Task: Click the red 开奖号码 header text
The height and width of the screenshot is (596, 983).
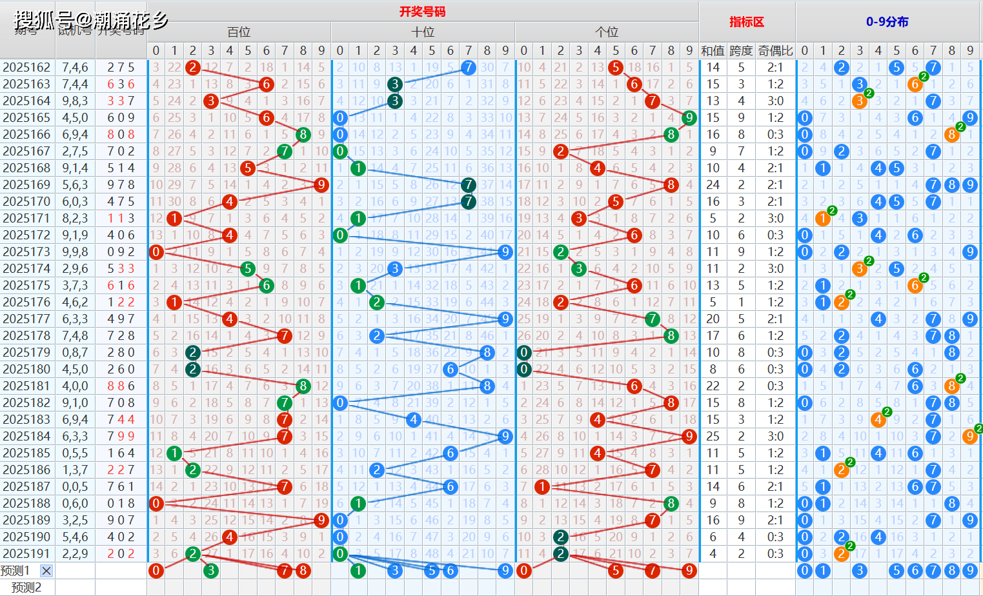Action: click(422, 12)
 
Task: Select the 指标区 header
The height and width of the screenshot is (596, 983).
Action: click(747, 22)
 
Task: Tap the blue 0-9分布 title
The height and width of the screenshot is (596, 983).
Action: click(887, 22)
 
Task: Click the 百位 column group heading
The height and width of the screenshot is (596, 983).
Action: click(239, 32)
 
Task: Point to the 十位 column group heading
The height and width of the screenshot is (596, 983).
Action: click(423, 32)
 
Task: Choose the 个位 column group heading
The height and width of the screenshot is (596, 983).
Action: click(607, 32)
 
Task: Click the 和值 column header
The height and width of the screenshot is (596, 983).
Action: click(713, 50)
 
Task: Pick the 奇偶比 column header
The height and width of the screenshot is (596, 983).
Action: click(775, 50)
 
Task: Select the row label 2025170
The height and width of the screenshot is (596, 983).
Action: click(26, 201)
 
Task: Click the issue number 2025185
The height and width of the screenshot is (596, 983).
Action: click(26, 453)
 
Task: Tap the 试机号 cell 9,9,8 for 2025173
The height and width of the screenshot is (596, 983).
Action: click(75, 252)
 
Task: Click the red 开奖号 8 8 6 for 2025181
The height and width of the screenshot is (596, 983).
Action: click(121, 386)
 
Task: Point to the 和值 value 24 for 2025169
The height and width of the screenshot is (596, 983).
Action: click(713, 184)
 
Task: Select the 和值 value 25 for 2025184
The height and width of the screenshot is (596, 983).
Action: click(713, 436)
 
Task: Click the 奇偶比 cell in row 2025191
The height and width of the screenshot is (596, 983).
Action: click(775, 553)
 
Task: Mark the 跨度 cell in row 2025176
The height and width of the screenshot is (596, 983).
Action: click(741, 302)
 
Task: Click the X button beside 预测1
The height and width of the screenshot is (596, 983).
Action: click(46, 570)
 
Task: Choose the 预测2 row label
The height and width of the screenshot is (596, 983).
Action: click(26, 587)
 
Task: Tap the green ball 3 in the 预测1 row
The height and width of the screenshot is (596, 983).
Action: click(210, 570)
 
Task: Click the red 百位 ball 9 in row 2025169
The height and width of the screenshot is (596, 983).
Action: click(321, 184)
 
